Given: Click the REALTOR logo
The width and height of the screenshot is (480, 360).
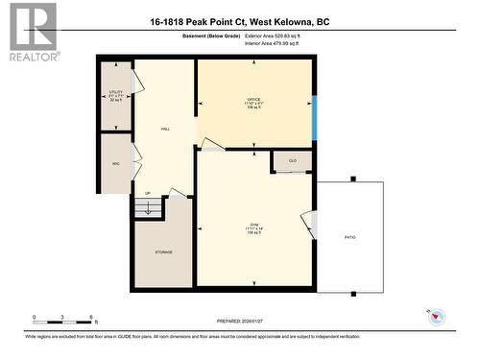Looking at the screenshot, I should [x=31, y=32].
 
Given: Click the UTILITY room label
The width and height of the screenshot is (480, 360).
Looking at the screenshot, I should [x=115, y=95].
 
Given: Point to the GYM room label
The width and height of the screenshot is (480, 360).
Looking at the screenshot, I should [x=253, y=228].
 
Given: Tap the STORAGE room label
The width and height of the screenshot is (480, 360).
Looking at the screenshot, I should [x=162, y=252].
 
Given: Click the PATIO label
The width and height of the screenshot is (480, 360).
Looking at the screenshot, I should [x=351, y=237].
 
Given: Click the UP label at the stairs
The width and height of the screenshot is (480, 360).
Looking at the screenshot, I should [x=148, y=194].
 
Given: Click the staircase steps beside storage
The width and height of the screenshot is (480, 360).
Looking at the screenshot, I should [x=149, y=206].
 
